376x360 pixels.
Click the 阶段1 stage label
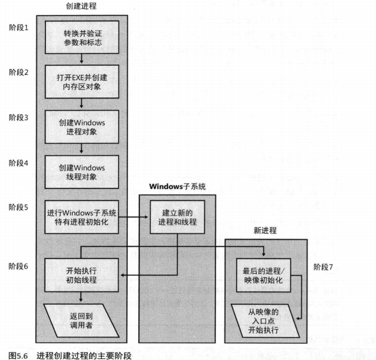18,27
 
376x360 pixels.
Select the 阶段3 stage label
18,118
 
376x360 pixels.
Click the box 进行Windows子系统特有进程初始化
81,217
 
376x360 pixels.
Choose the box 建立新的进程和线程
177,217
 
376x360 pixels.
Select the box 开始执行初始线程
81,274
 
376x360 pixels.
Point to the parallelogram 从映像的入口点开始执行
263,319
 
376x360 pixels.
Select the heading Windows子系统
177,187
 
